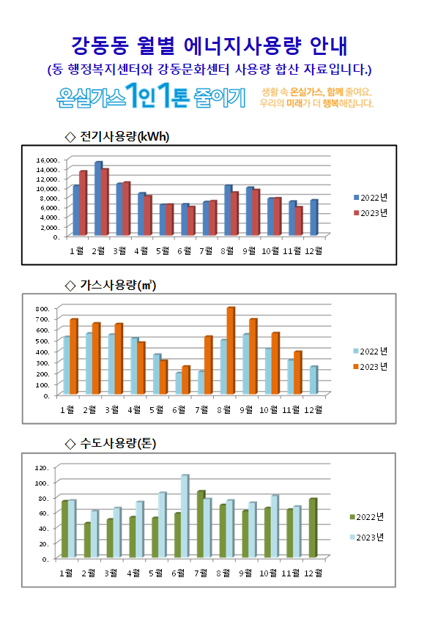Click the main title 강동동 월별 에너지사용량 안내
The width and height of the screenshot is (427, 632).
pyautogui.click(x=209, y=45)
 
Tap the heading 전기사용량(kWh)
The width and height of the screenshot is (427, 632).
pyautogui.click(x=125, y=137)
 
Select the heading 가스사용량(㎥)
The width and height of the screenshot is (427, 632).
pyautogui.click(x=118, y=286)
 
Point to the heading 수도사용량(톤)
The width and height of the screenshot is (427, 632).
pyautogui.click(x=118, y=443)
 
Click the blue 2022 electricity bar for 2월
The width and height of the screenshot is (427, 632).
pyautogui.click(x=98, y=198)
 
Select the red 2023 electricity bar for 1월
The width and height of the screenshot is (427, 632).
pyautogui.click(x=83, y=203)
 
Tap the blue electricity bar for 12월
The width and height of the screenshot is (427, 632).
pyautogui.click(x=314, y=218)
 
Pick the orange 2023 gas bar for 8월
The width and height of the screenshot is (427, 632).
pyautogui.click(x=231, y=351)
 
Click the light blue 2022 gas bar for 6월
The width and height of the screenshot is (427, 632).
pyautogui.click(x=179, y=383)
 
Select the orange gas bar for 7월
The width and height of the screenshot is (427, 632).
pyautogui.click(x=209, y=365)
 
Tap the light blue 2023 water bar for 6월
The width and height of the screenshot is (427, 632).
pyautogui.click(x=185, y=516)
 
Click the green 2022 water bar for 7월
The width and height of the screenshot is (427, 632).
pyautogui.click(x=201, y=524)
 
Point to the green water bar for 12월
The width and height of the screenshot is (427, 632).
pyautogui.click(x=313, y=528)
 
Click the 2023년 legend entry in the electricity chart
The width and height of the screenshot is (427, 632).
pyautogui.click(x=371, y=213)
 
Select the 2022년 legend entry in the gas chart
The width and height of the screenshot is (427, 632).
pyautogui.click(x=370, y=352)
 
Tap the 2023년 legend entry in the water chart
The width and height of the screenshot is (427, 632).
pyautogui.click(x=367, y=538)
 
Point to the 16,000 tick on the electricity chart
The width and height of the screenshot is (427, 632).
pyautogui.click(x=48, y=160)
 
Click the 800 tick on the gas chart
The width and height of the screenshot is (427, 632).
pyautogui.click(x=42, y=309)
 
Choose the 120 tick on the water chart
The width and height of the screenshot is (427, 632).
pyautogui.click(x=42, y=467)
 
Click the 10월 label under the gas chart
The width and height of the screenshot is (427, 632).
pyautogui.click(x=269, y=410)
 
